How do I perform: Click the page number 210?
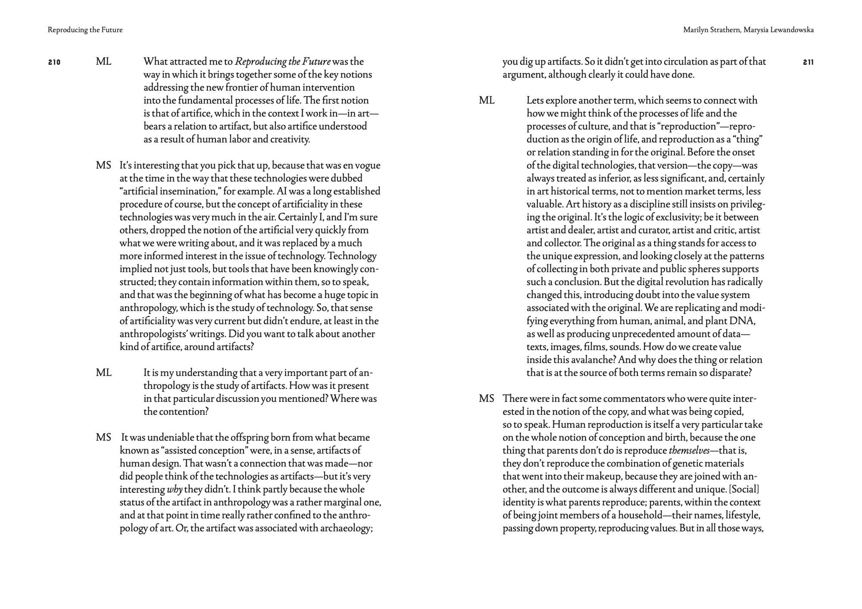click(x=54, y=62)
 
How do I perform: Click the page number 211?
click(x=808, y=62)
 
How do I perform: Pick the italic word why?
click(x=175, y=490)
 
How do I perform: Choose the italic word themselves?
click(x=689, y=451)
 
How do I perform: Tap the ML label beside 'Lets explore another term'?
click(x=487, y=101)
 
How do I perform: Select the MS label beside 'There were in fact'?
click(x=487, y=399)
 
